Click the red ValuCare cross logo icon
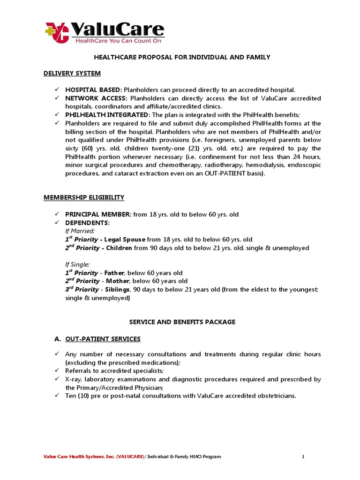click(56, 32)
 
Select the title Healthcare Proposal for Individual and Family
click(180, 57)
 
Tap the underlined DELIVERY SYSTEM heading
click(72, 73)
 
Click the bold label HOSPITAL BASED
click(93, 90)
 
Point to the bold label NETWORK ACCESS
click(96, 98)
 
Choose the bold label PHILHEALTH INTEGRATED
click(107, 115)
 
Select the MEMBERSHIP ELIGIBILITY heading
click(84, 197)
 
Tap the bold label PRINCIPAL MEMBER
click(98, 214)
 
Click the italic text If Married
click(80, 231)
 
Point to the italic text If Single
click(77, 264)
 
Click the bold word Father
click(114, 273)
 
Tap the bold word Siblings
click(117, 290)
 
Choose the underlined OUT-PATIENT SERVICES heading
click(103, 339)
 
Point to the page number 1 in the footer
click(303, 457)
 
